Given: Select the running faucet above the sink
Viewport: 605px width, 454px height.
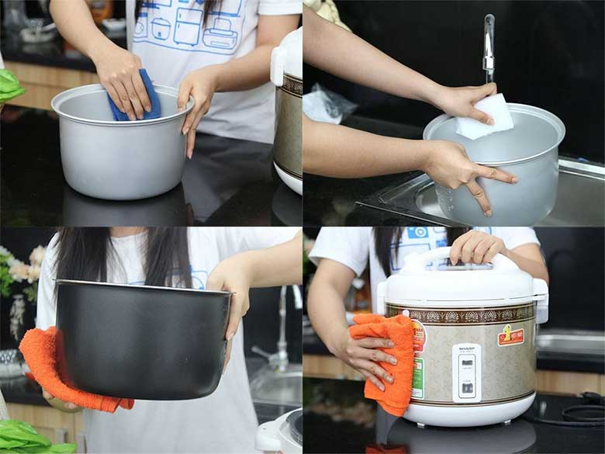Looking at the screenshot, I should coord(489,47).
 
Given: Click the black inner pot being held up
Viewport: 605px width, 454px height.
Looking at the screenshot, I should coord(140,341).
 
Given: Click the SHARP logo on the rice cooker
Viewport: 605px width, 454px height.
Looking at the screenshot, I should coord(466,350).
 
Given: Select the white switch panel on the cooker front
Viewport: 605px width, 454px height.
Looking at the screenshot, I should coord(466,373).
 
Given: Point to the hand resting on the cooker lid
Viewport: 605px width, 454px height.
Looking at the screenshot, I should coord(477,247).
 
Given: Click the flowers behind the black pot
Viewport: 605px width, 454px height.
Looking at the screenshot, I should coord(23,272).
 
